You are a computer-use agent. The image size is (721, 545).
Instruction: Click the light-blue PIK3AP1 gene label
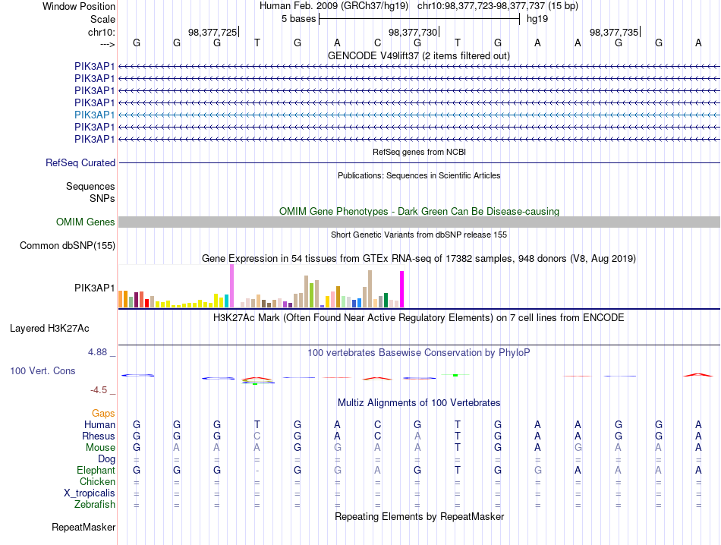click(94, 115)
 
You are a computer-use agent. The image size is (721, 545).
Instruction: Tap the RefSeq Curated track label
click(80, 162)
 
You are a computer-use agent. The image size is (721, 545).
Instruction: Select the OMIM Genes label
click(86, 222)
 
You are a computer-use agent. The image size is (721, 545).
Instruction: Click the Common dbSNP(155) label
click(68, 246)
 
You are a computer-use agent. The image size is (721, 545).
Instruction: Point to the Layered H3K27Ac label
click(49, 329)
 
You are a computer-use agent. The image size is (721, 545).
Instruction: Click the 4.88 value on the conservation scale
click(97, 352)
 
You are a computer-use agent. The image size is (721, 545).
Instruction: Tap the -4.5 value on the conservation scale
click(99, 390)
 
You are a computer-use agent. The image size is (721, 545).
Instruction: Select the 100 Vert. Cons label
click(43, 370)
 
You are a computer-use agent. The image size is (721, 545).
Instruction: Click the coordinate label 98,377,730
click(412, 32)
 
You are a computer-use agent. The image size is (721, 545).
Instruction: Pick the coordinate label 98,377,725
click(213, 32)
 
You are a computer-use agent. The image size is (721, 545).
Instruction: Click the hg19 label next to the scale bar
click(537, 19)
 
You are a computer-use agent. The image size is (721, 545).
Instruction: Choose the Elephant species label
click(96, 471)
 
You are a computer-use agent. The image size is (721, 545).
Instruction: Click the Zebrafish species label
click(95, 505)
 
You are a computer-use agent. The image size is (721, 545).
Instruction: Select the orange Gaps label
click(103, 414)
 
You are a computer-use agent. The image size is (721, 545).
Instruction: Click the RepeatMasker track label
click(83, 527)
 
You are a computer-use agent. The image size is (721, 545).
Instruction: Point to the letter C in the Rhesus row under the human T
click(257, 436)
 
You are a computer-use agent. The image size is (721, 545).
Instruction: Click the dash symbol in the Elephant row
click(257, 471)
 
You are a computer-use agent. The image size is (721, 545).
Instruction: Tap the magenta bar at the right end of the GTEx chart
click(402, 289)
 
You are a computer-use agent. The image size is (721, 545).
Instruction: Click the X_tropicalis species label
click(90, 493)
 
